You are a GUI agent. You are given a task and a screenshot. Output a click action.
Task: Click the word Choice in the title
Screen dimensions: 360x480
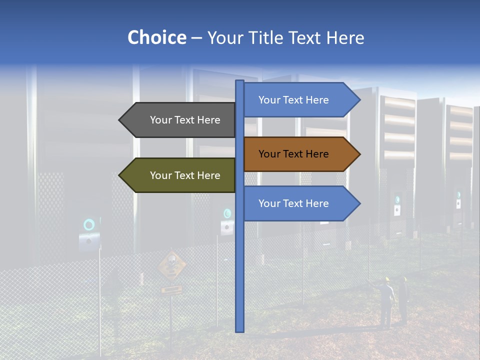click(x=156, y=37)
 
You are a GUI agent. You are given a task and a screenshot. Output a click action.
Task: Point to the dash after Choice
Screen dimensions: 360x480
click(x=196, y=38)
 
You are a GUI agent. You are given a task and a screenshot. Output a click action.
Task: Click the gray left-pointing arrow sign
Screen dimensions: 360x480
click(x=177, y=120)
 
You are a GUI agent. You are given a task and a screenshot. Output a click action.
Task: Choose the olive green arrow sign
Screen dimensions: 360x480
click(x=177, y=175)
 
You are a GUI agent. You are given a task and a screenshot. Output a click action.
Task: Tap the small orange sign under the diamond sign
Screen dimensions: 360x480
click(x=171, y=289)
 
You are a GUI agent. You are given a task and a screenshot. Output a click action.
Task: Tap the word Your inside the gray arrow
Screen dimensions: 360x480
click(x=160, y=120)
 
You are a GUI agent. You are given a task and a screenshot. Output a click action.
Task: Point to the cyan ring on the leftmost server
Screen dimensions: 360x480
click(x=89, y=224)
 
